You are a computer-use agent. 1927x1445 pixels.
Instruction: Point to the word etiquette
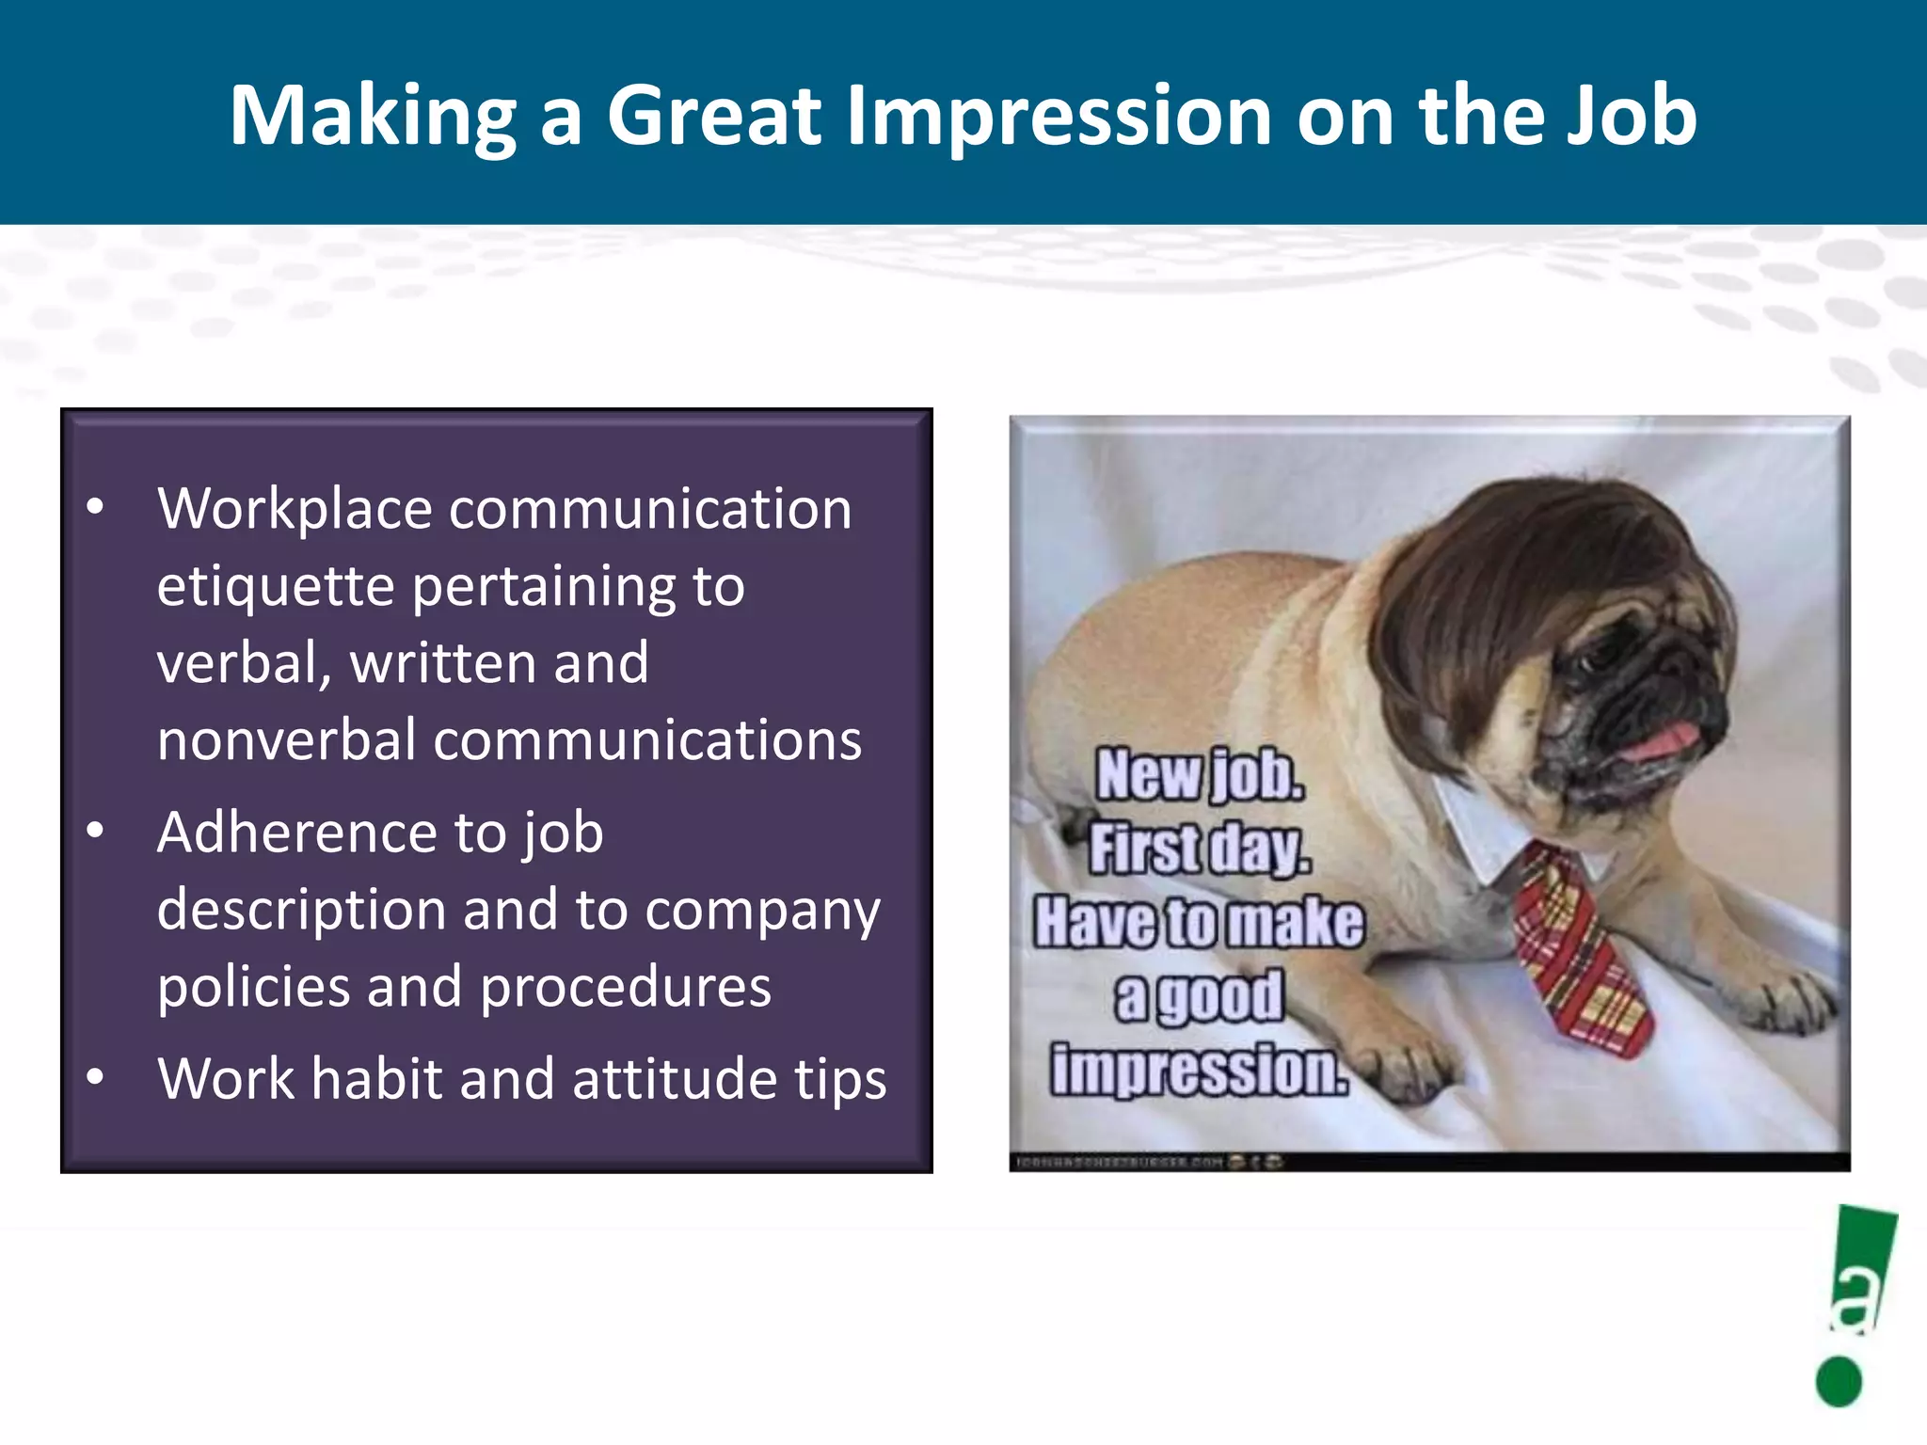point(273,587)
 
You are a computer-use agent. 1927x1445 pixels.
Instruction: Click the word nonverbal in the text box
point(286,740)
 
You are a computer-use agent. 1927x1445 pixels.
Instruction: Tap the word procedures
point(625,988)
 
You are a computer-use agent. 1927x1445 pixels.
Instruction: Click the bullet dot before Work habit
point(95,1076)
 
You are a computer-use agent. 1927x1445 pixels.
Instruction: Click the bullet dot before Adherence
point(95,831)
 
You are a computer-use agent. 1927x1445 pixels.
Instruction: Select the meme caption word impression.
point(1200,1071)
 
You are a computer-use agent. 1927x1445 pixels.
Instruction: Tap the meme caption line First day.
point(1200,850)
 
